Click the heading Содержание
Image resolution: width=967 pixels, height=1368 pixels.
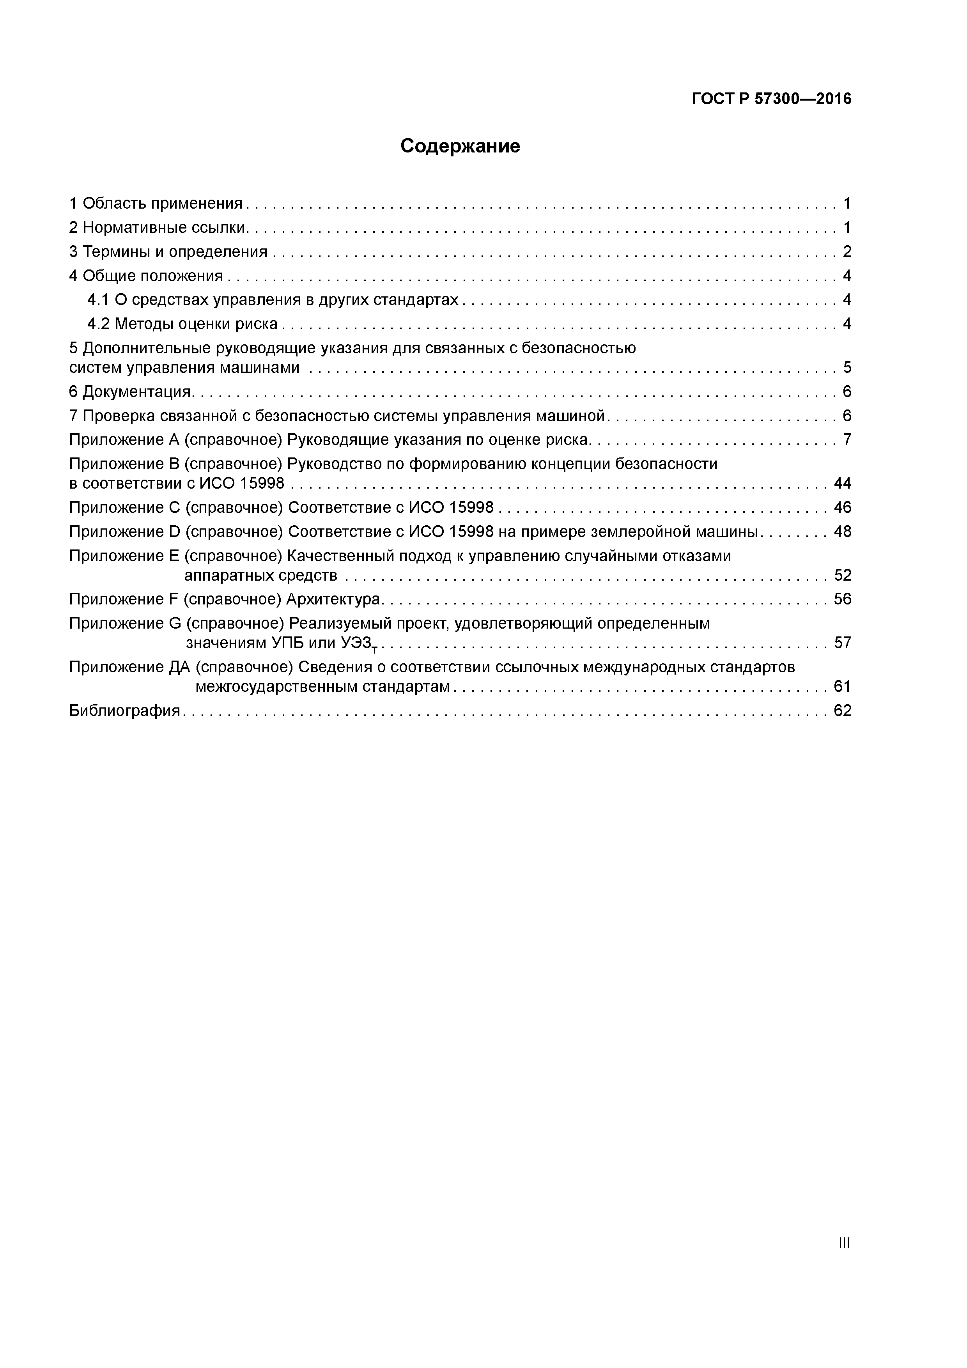coord(460,146)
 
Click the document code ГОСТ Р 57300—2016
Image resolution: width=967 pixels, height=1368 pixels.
coord(772,99)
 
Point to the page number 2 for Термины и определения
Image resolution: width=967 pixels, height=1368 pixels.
coord(847,252)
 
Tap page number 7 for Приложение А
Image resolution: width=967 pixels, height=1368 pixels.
coord(847,440)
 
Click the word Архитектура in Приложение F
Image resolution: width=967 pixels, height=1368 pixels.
coord(333,599)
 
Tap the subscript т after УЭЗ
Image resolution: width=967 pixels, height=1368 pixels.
coord(375,648)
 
